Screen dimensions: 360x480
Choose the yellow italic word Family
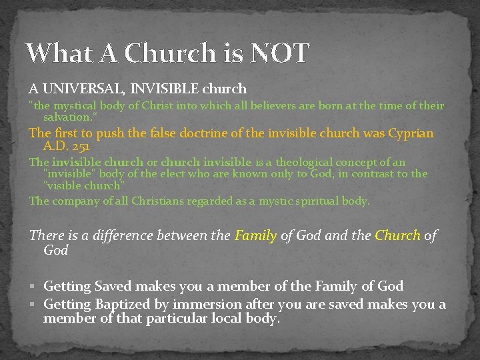[x=255, y=235]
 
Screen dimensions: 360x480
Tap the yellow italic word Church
[x=397, y=235]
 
